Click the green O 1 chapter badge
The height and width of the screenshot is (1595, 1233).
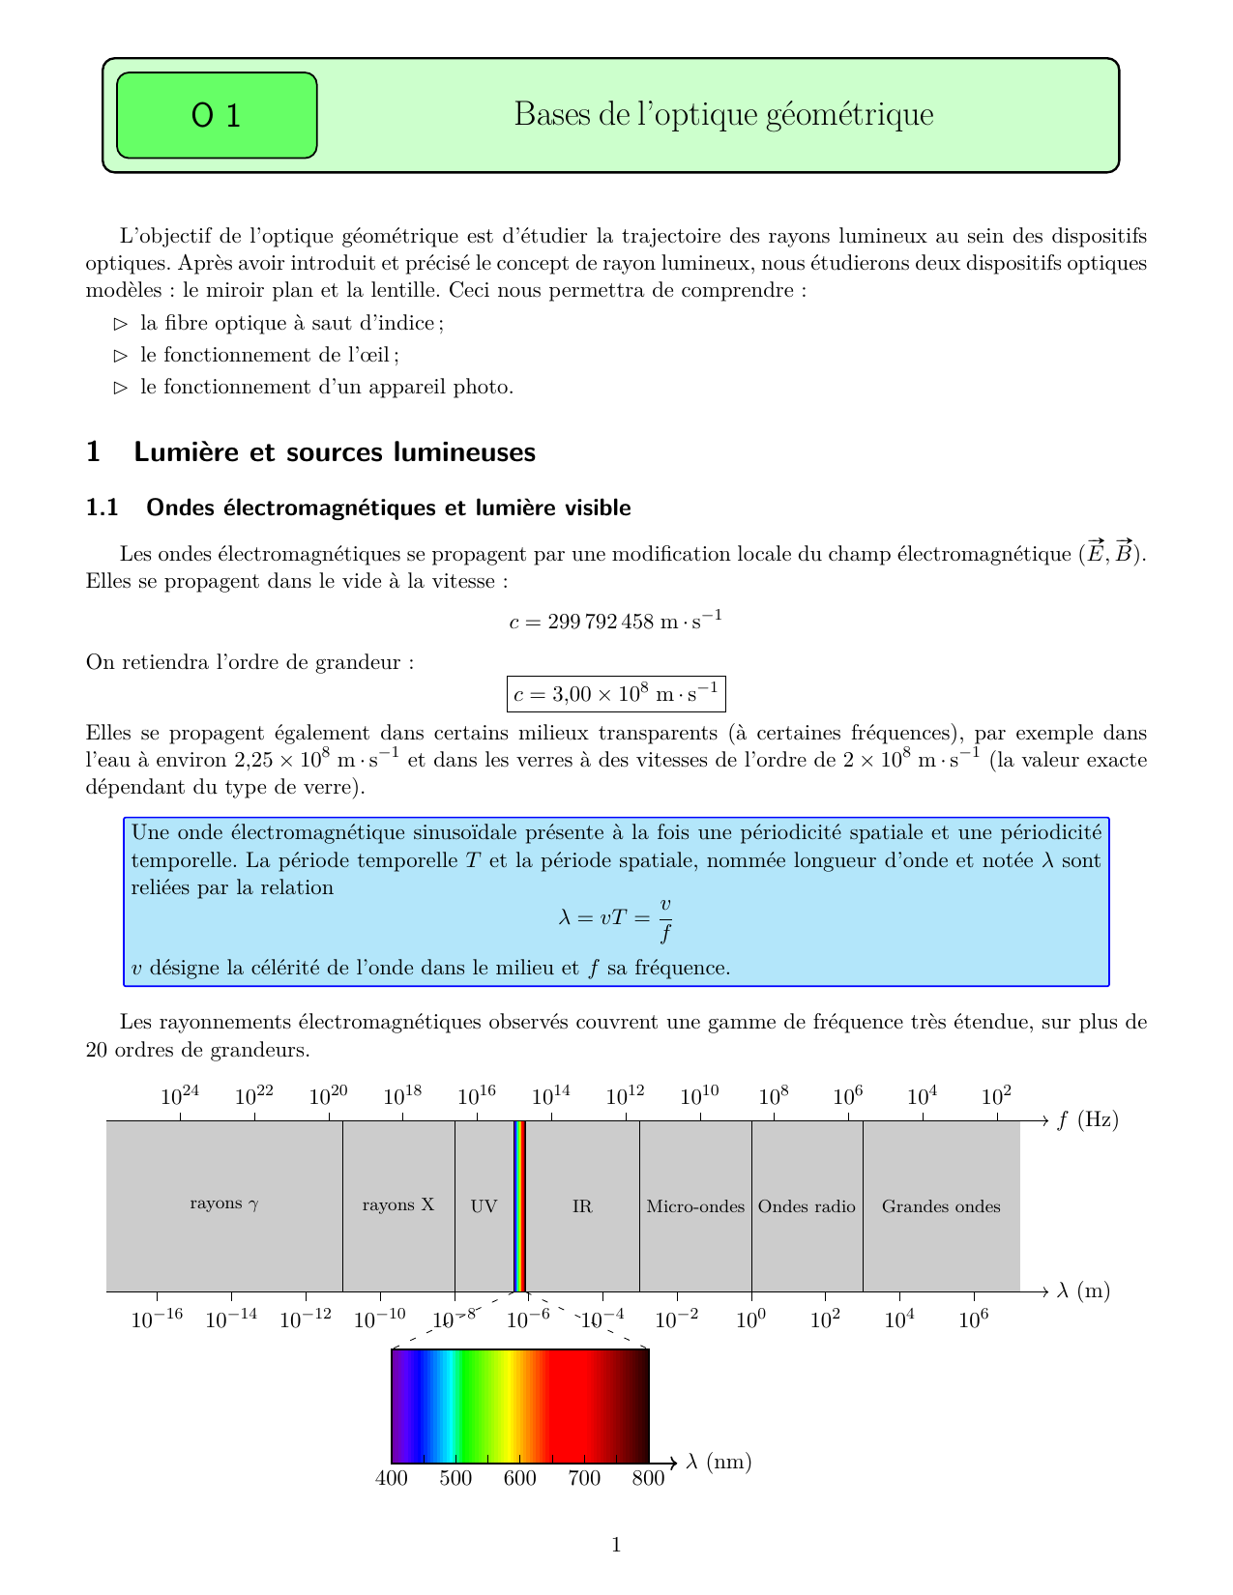[x=217, y=115]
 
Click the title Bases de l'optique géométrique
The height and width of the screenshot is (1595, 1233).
[x=723, y=115]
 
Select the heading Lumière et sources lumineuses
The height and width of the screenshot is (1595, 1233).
[x=334, y=451]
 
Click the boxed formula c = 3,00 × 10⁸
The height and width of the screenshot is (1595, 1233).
[x=616, y=694]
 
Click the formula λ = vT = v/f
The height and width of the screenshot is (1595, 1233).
[x=616, y=918]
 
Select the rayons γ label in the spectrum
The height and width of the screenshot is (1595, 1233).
[x=224, y=1204]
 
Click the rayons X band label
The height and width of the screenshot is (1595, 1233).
[x=398, y=1205]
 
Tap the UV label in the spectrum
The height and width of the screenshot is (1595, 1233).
[x=484, y=1206]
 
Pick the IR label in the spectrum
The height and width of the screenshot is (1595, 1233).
[x=582, y=1206]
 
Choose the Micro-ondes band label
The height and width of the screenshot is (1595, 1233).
[x=695, y=1206]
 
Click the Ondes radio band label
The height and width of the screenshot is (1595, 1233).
[x=807, y=1206]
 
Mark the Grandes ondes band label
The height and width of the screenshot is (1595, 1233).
[x=941, y=1206]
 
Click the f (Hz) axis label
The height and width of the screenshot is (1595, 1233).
[x=1087, y=1120]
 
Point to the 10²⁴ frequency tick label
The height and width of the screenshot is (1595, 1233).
[x=180, y=1095]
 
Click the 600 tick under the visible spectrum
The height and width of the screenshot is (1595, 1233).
[x=519, y=1479]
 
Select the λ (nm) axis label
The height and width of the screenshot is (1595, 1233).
[x=719, y=1463]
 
